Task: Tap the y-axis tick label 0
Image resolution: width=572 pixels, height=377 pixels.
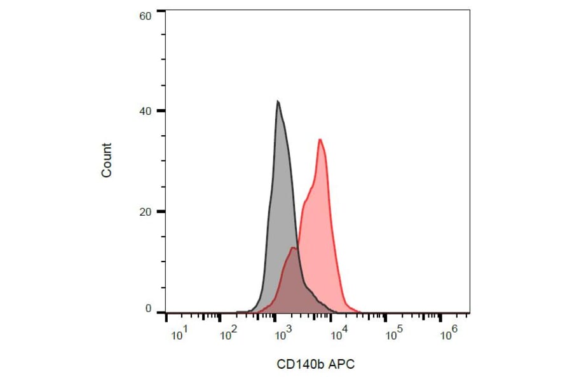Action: coord(147,309)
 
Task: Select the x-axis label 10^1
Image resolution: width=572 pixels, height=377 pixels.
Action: coord(179,334)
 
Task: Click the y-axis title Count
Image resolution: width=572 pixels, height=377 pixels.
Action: coord(107,160)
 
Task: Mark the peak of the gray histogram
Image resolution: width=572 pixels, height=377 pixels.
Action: coord(278,101)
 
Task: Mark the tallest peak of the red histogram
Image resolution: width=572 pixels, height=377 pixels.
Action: coord(320,140)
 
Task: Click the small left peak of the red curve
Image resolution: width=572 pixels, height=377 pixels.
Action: coord(293,248)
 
